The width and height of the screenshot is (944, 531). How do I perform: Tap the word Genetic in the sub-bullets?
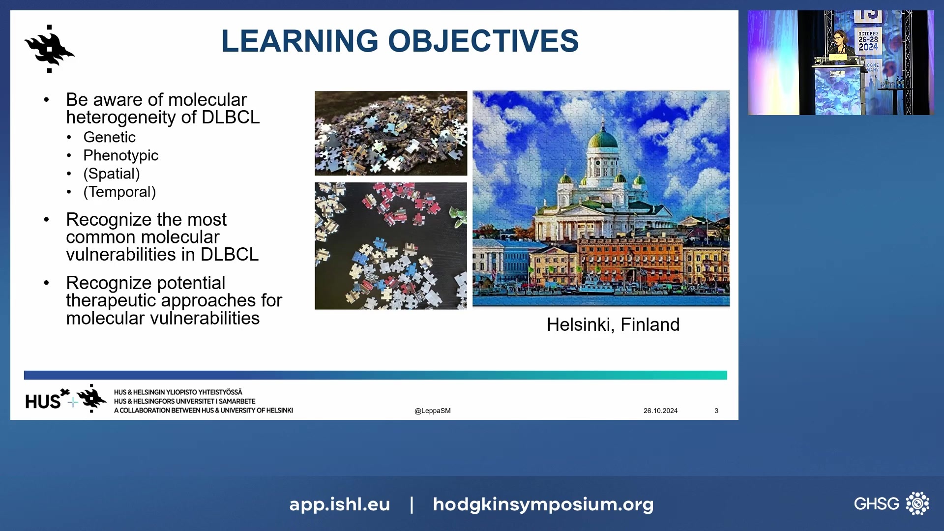(x=109, y=137)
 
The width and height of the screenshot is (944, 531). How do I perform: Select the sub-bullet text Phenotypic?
(x=120, y=155)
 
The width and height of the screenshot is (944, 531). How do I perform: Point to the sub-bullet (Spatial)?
(x=112, y=174)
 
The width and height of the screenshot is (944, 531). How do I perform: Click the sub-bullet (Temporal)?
(x=119, y=192)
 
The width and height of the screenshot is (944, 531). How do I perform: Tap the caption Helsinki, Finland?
(x=613, y=324)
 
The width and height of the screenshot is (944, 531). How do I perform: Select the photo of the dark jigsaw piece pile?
(x=391, y=133)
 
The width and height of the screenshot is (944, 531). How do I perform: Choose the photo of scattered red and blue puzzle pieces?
(x=391, y=246)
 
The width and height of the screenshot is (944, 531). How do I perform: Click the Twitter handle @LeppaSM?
(x=433, y=411)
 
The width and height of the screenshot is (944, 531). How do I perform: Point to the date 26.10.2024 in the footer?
(x=660, y=411)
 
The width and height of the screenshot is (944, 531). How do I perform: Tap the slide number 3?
(x=716, y=411)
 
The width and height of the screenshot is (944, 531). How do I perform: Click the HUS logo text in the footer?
(x=43, y=402)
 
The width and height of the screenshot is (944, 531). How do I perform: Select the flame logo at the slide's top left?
(x=49, y=49)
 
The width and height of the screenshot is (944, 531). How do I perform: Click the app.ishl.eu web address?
(x=340, y=504)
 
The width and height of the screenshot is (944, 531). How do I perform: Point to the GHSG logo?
(x=891, y=503)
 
